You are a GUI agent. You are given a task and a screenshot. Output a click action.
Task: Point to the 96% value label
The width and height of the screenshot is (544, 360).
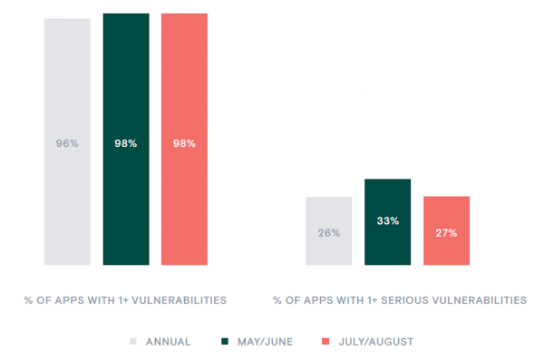coord(67,143)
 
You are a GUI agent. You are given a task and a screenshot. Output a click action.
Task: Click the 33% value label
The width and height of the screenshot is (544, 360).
coord(387,220)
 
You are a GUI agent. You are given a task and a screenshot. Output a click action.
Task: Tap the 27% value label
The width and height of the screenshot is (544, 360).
coord(446,233)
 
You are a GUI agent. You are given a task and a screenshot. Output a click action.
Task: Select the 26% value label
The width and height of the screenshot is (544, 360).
coord(328,233)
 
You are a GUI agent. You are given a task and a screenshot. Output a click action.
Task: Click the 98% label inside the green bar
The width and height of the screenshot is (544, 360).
coord(126,143)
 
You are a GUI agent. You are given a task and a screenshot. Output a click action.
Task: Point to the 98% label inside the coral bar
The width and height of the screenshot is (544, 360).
coord(184,143)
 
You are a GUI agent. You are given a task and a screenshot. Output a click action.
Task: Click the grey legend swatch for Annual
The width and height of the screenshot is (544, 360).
coord(133,342)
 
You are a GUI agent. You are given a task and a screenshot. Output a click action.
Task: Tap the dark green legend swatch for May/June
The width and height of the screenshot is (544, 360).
coord(225,342)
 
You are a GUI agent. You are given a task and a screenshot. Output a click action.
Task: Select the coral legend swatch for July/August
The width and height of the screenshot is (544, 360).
coord(325,342)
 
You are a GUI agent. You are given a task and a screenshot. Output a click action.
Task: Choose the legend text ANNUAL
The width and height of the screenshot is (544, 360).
coord(168,342)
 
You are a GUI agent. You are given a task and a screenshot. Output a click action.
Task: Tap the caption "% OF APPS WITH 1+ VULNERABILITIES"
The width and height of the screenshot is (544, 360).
coord(125,299)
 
